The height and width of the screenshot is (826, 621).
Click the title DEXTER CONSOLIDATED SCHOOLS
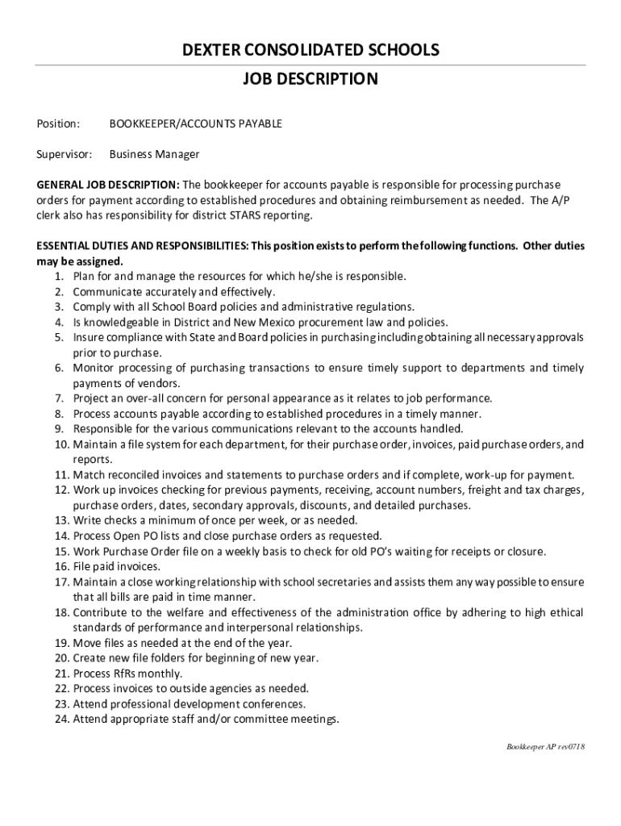tap(310, 50)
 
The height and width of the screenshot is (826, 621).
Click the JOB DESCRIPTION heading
tap(310, 79)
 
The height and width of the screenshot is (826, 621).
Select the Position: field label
tap(58, 123)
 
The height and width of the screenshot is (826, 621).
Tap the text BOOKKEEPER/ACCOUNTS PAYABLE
tap(196, 123)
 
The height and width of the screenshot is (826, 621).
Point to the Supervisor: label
tap(65, 153)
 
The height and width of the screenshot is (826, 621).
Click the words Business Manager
tap(154, 153)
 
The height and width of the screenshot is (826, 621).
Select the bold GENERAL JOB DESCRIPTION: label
tap(109, 184)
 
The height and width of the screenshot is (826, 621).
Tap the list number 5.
tap(59, 337)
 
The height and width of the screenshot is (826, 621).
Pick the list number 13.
tap(62, 520)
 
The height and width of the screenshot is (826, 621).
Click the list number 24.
tap(62, 719)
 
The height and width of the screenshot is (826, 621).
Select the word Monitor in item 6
tap(94, 368)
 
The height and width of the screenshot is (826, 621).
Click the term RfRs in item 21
tap(127, 673)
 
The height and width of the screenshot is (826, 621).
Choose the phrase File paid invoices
tap(116, 566)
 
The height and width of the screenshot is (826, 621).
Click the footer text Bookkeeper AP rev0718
tap(545, 746)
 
